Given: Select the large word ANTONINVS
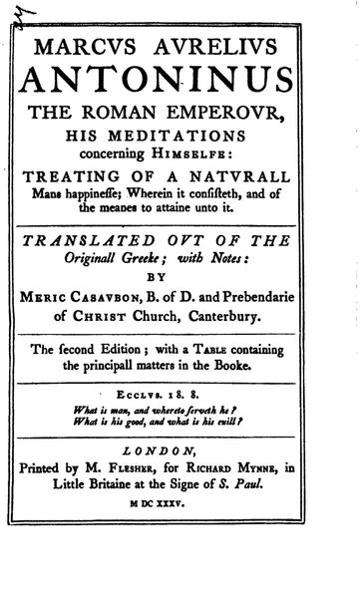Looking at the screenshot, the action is (x=183, y=82).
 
